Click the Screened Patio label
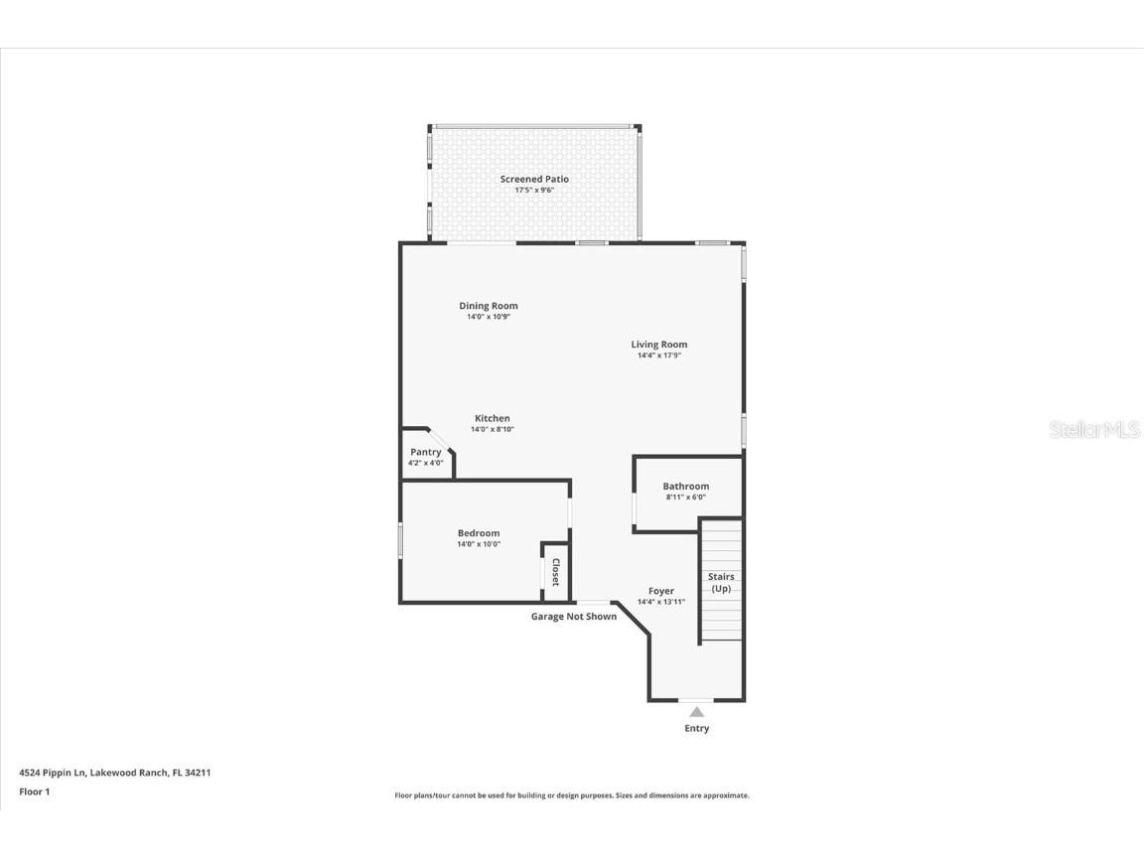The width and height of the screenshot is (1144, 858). point(534,179)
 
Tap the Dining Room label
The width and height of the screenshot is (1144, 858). point(488,306)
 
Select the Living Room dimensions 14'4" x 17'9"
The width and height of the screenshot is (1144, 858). point(658,356)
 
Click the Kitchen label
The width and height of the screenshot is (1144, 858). point(492,418)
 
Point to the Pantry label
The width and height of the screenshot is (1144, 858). point(425,452)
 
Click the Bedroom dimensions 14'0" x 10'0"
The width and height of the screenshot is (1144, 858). point(478,544)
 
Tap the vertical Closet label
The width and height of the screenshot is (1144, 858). point(556,572)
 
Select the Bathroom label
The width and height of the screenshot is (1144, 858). point(685,487)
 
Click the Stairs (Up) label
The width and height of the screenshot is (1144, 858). point(721,582)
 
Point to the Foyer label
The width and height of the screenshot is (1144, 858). point(660,591)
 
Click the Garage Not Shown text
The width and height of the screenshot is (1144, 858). point(573,617)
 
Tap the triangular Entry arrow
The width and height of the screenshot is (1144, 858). point(697,711)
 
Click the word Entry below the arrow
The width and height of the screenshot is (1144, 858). point(697,729)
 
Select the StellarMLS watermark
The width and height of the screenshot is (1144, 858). point(1095,430)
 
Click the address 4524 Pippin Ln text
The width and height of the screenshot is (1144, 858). point(114,772)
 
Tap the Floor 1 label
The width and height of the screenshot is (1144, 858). point(34,791)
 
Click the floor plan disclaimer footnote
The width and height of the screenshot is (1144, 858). point(572,795)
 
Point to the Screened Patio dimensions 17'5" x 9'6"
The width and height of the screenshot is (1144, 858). point(534,190)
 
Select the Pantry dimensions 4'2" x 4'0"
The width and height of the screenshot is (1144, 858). point(425,463)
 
